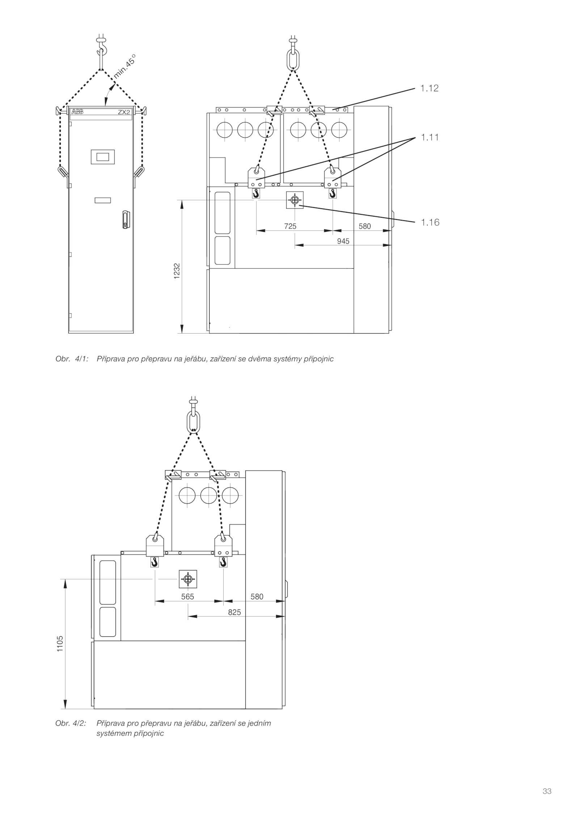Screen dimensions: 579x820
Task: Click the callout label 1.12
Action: coord(430,88)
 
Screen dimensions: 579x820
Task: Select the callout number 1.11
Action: coord(430,138)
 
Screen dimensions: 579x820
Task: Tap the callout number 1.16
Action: coord(430,222)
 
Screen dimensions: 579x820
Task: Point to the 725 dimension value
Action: coord(290,226)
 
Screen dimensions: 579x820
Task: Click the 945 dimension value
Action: coord(343,241)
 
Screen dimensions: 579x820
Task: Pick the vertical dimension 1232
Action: coord(177,271)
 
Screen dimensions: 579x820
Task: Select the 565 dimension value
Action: coord(188,597)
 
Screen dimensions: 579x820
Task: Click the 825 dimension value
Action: coord(234,612)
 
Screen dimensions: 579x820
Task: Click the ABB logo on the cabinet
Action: coord(77,112)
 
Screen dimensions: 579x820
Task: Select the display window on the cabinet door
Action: coord(102,156)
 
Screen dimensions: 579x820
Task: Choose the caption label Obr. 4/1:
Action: coord(72,359)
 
